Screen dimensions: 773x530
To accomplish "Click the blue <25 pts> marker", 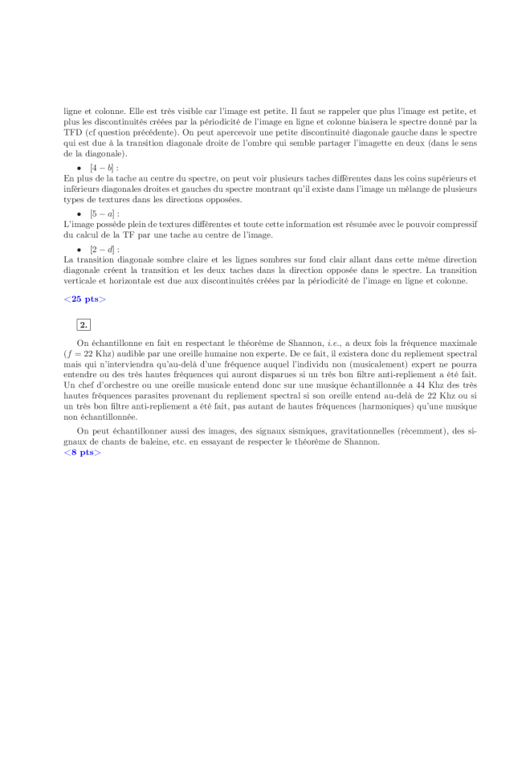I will coord(84,299).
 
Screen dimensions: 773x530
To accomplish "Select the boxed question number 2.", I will coord(84,324).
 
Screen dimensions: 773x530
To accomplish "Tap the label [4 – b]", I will coord(104,168).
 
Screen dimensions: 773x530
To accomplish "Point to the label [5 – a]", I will coord(104,214).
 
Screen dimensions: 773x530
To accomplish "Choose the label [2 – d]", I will coord(104,250).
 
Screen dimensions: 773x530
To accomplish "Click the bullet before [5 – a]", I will coord(79,214).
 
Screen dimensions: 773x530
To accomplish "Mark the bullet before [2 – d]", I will coord(79,250).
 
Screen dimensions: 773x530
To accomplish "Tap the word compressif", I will coord(456,225).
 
